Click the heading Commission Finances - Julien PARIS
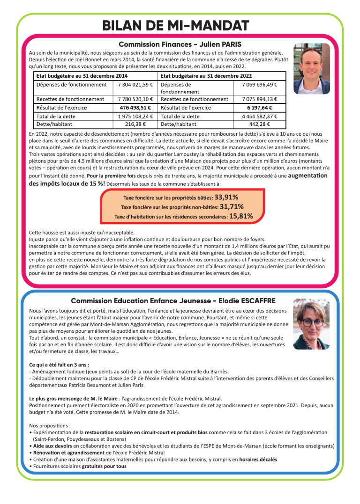180,44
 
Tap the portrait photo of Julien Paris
311,68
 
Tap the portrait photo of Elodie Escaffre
311,324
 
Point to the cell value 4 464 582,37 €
260,116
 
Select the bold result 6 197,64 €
260,108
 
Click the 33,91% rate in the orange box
226,197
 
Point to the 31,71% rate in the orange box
232,206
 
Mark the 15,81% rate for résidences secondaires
241,216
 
